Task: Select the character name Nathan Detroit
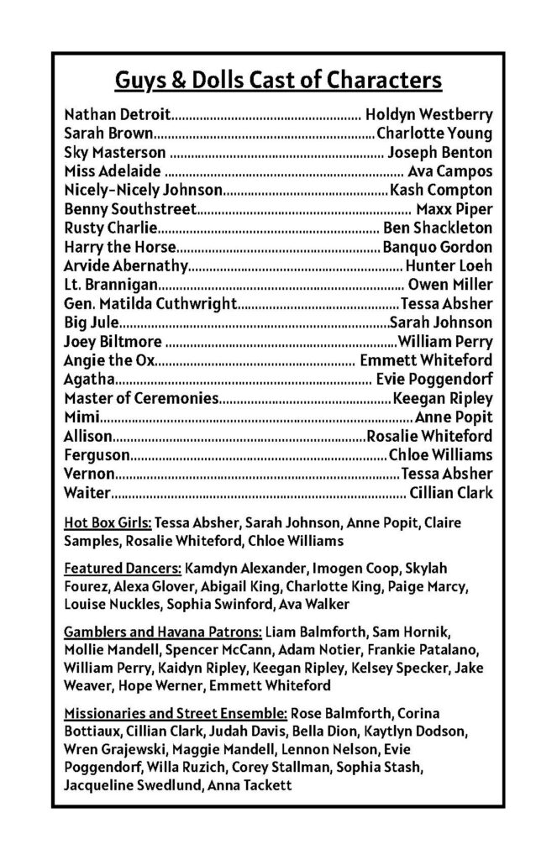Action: pos(118,113)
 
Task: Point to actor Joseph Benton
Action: pos(440,152)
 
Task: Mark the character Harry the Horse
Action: pos(120,246)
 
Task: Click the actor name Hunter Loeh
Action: pos(449,265)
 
